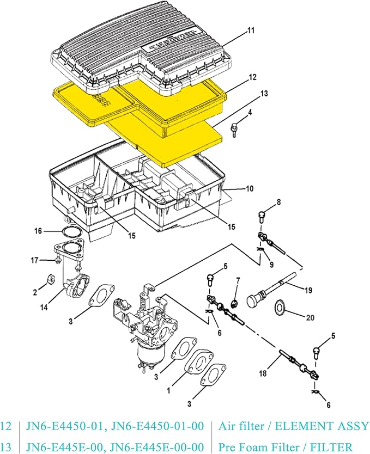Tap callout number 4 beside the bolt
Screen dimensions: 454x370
click(250, 113)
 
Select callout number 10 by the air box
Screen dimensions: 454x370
click(249, 189)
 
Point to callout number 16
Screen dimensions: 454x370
click(38, 231)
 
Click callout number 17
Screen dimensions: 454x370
click(33, 260)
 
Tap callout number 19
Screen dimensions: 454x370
click(308, 290)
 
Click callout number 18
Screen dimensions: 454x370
click(263, 373)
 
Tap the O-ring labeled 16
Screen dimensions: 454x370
click(69, 232)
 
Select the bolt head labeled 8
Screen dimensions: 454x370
click(261, 214)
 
